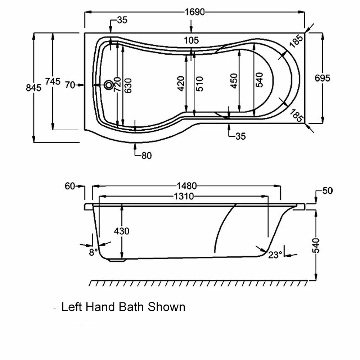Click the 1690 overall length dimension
[195, 12]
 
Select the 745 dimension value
[53, 82]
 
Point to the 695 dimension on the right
[322, 78]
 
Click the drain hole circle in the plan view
[108, 85]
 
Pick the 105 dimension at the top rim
[191, 40]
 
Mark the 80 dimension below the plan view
[147, 156]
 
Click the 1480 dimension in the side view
[186, 186]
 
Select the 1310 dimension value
[184, 196]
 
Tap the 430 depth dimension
[122, 231]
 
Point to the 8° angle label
[93, 252]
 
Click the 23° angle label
[275, 255]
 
